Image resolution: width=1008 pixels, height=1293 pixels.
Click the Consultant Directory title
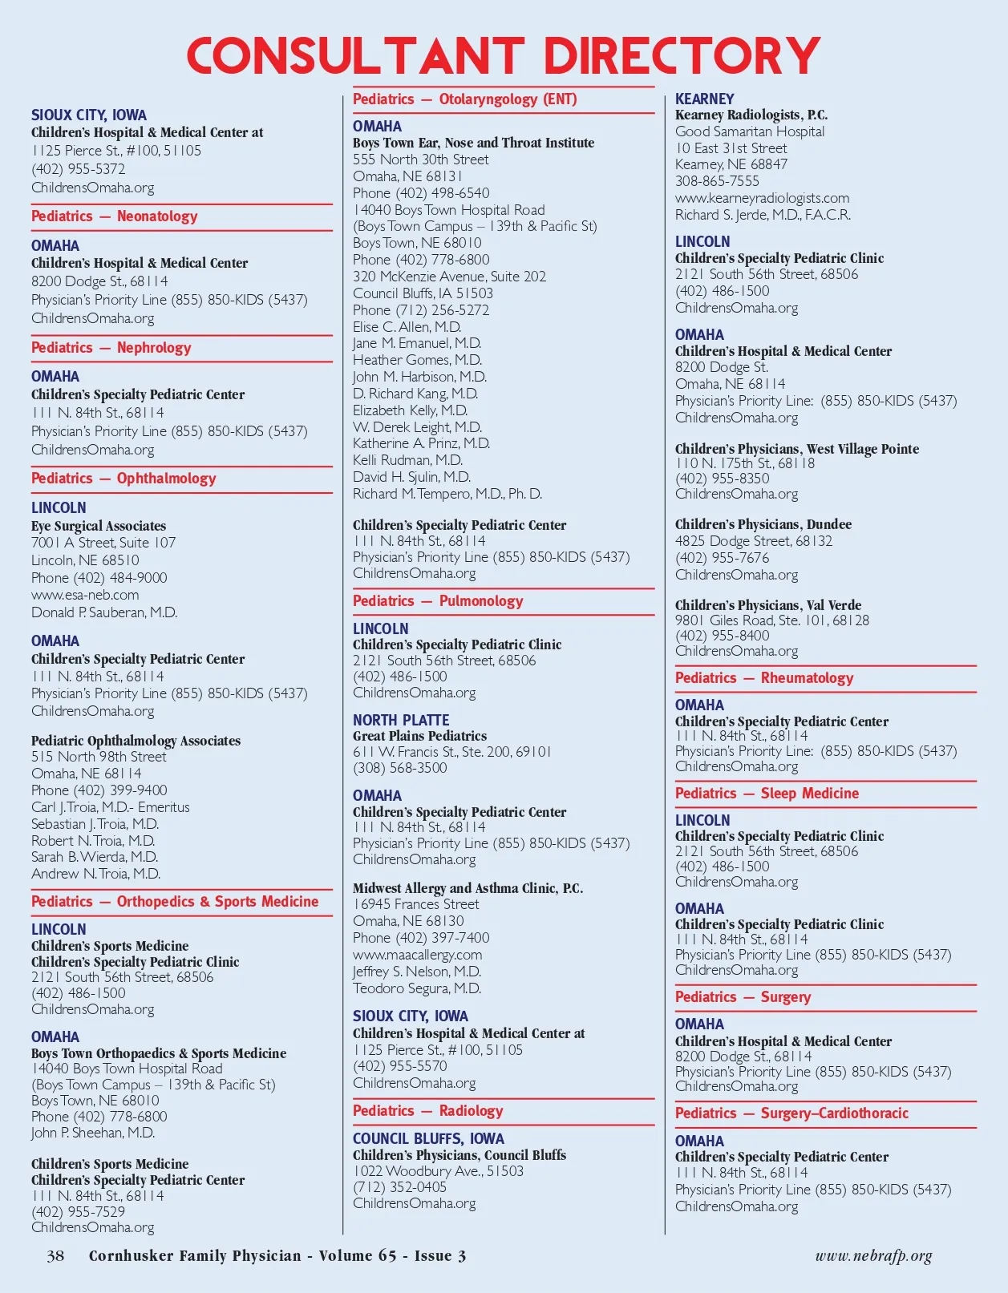tap(504, 56)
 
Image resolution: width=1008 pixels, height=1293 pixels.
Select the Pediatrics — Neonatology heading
tap(114, 216)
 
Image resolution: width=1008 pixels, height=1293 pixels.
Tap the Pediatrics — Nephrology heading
tap(111, 348)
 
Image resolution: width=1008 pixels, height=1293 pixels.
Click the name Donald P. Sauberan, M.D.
tap(104, 612)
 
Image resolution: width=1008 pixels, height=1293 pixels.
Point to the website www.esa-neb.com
tap(85, 595)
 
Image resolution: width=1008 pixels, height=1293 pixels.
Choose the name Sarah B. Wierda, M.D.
tap(95, 857)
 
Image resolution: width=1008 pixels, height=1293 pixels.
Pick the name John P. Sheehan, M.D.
tap(93, 1133)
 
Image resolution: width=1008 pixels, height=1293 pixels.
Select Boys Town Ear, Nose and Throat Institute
tap(473, 143)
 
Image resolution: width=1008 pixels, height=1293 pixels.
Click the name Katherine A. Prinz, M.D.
tap(421, 443)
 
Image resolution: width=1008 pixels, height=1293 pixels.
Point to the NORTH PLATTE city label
tap(401, 720)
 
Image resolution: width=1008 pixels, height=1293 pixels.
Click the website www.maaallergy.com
tap(417, 955)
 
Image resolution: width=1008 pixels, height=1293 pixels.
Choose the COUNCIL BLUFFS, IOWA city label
tap(428, 1138)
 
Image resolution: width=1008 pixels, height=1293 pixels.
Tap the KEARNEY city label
tap(704, 99)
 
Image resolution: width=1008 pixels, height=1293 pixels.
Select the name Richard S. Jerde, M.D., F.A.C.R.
tap(763, 215)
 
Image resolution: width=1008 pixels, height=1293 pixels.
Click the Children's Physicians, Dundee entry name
tap(763, 524)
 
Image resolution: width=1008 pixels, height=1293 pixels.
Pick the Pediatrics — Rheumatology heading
tap(764, 678)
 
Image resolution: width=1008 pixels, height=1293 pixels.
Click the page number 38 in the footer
tap(55, 1255)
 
